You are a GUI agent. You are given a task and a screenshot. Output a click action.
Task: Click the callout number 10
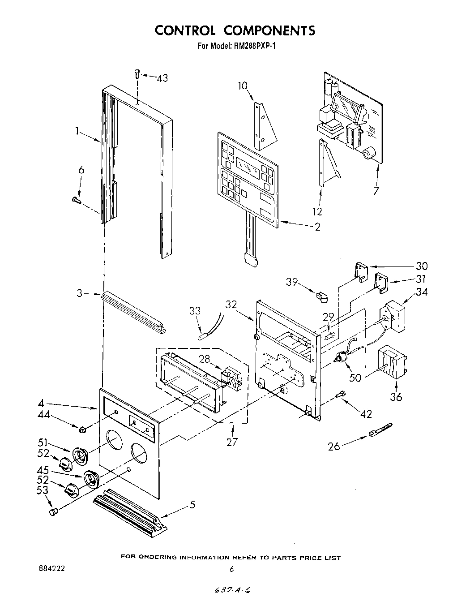242,86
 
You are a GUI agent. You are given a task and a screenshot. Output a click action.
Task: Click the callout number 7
376,191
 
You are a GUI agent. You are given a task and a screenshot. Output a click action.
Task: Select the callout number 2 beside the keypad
317,227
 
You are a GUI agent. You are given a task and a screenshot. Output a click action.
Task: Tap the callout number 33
195,310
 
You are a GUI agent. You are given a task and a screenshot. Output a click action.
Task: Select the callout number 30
422,266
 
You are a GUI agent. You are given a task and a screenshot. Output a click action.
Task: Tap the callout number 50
355,378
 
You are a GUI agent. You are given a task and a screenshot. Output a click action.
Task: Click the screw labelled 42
341,394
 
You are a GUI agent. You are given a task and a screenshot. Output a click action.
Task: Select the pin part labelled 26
380,430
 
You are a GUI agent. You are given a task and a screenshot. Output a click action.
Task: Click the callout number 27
232,442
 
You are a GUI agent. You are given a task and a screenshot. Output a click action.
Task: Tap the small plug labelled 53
53,511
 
